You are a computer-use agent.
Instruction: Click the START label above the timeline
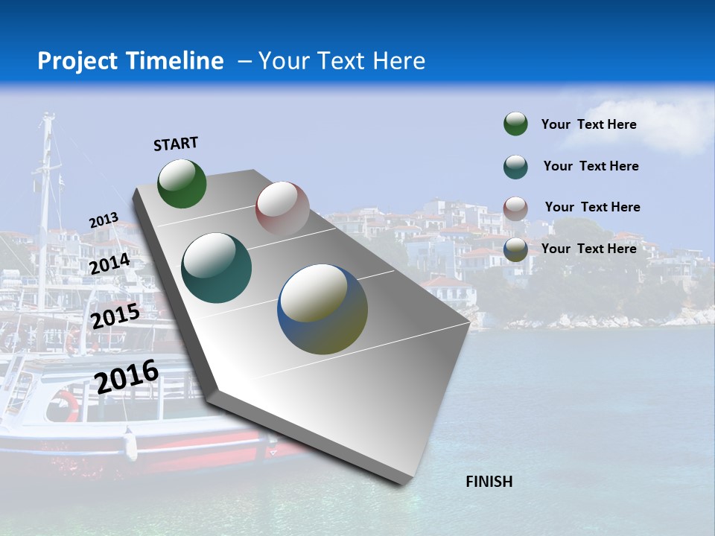click(x=176, y=144)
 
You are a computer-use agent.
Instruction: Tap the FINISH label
click(x=489, y=482)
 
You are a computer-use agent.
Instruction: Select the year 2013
click(x=104, y=220)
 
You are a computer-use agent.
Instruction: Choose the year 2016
click(x=127, y=376)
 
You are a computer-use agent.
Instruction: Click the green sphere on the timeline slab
click(x=182, y=183)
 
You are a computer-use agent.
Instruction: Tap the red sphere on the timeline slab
click(x=282, y=208)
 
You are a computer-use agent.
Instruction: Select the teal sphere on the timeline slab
click(x=216, y=268)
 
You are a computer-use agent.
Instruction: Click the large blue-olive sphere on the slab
click(x=322, y=309)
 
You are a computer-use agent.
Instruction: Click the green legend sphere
click(x=515, y=124)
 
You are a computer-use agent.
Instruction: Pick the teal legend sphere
click(x=515, y=167)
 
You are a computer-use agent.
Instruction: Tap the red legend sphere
click(x=515, y=208)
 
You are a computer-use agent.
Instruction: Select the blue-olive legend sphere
click(x=515, y=249)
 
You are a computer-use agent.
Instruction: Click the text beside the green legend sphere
click(x=588, y=125)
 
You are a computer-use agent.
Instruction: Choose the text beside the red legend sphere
click(x=592, y=207)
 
